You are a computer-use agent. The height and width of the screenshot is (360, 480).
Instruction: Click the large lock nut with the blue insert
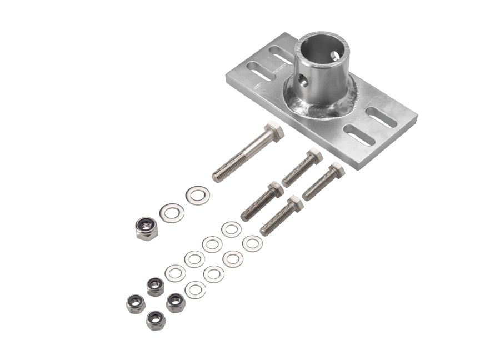[147, 228]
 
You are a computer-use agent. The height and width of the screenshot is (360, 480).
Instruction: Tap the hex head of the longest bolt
[274, 132]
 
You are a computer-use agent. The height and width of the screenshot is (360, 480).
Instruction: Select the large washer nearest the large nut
[172, 213]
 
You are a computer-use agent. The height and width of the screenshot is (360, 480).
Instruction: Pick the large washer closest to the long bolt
[197, 195]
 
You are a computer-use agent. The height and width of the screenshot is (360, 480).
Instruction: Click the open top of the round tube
[322, 51]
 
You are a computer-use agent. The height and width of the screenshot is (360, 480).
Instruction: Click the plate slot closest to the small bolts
[358, 135]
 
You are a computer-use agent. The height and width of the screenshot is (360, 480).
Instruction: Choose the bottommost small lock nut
[155, 320]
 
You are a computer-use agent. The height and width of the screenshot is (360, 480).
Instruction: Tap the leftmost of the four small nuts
[136, 304]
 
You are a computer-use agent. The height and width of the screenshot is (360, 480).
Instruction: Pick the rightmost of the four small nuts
[176, 303]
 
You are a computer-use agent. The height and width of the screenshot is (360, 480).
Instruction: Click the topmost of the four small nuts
[156, 287]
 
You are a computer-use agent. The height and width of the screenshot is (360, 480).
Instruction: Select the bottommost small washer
[195, 289]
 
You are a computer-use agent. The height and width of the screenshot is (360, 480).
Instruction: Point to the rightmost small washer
[252, 243]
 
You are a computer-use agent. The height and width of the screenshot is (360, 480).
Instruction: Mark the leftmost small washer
[175, 273]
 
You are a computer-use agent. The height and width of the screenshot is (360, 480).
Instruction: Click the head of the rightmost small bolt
[336, 171]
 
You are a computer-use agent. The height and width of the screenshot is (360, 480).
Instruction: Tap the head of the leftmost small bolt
[276, 189]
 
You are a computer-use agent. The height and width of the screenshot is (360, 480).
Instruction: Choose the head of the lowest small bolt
[295, 203]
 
